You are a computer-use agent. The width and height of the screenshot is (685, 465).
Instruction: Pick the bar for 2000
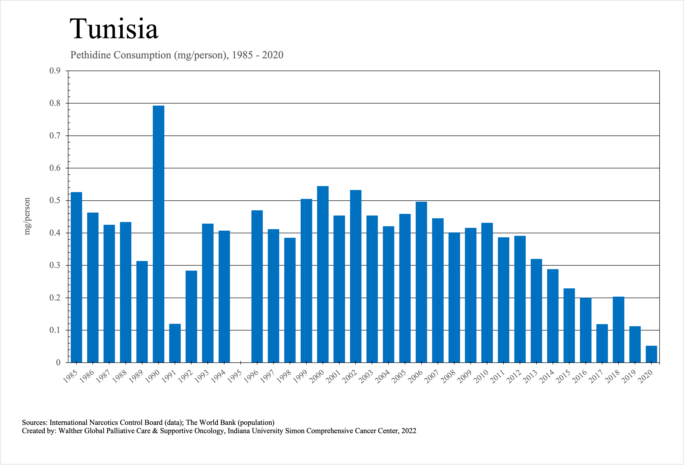[x=323, y=274]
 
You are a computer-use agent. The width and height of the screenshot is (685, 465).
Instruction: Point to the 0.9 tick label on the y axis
[x=55, y=71]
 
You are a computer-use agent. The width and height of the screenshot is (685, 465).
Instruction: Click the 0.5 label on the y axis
[x=55, y=200]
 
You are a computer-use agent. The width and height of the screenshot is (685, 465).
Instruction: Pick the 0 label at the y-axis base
[x=58, y=363]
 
